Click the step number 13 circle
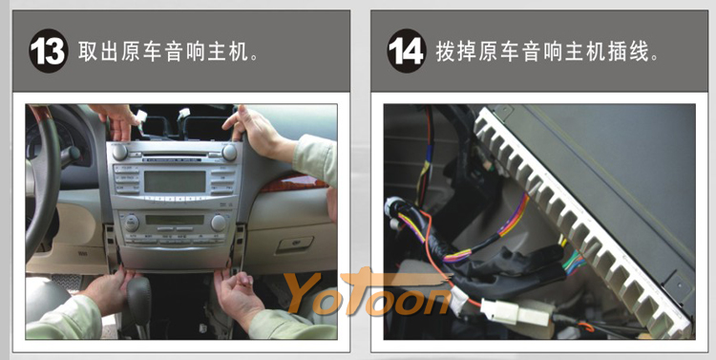[49, 51]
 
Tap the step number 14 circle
[407, 51]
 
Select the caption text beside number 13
[168, 52]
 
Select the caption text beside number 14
[548, 52]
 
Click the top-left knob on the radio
[119, 152]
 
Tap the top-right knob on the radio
[229, 153]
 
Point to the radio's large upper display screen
[175, 181]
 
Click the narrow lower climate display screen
[175, 220]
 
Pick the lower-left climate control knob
[132, 222]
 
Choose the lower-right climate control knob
[219, 222]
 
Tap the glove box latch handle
[295, 244]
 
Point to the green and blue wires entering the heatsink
[574, 263]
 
